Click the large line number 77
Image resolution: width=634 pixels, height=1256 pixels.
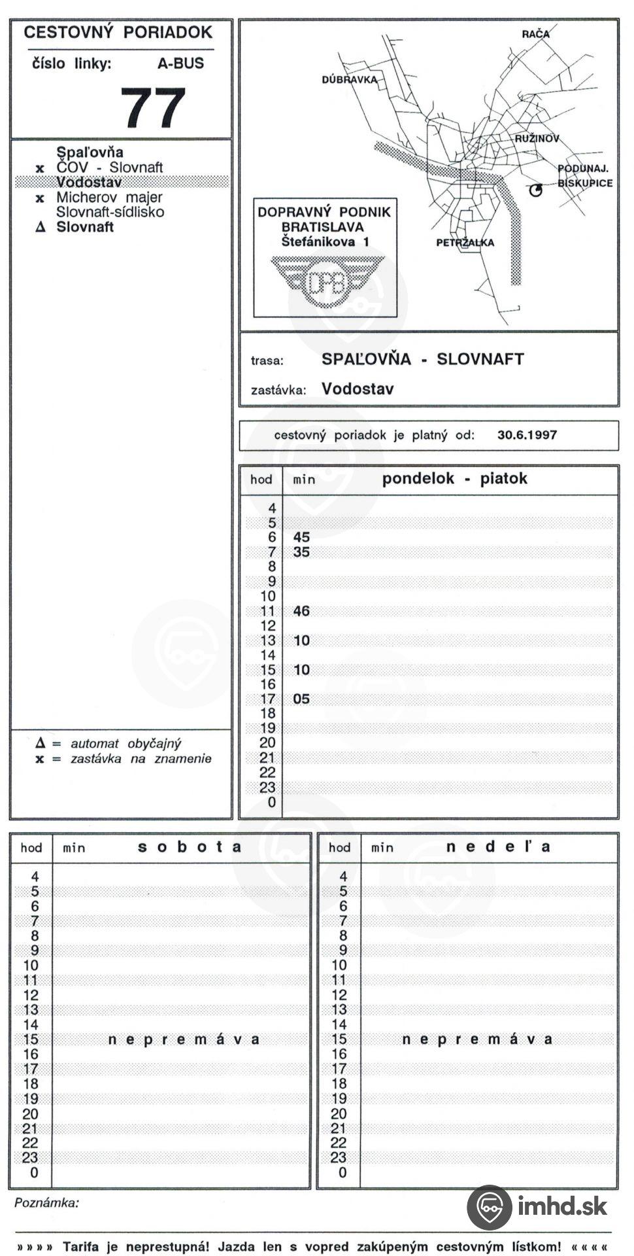[x=153, y=108]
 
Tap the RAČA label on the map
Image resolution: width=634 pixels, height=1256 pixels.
[x=535, y=34]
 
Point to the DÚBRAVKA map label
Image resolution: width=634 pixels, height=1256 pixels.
[x=349, y=80]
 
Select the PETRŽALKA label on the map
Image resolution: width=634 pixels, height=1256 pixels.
[x=465, y=243]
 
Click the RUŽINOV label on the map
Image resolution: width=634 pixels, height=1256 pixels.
[x=537, y=139]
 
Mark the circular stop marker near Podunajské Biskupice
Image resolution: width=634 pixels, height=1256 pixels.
[x=535, y=190]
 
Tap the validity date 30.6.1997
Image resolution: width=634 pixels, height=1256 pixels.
[x=527, y=435]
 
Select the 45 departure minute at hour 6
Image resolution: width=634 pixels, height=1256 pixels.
[x=301, y=537]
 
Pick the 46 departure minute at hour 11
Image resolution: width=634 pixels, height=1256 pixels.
[x=301, y=611]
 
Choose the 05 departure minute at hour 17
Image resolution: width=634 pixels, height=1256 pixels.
[x=301, y=699]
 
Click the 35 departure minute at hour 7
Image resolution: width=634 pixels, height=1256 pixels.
[x=301, y=552]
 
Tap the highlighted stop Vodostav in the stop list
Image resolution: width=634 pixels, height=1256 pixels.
[x=89, y=183]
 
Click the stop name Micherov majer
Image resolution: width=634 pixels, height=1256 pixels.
[x=109, y=197]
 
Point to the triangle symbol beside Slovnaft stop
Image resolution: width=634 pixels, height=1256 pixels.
[x=41, y=228]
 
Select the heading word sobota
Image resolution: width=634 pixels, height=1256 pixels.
[x=190, y=846]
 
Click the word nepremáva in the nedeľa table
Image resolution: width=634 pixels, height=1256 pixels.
[x=477, y=1039]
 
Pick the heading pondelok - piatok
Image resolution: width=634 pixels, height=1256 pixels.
[x=454, y=478]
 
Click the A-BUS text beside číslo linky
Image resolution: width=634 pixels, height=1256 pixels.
[x=180, y=63]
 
